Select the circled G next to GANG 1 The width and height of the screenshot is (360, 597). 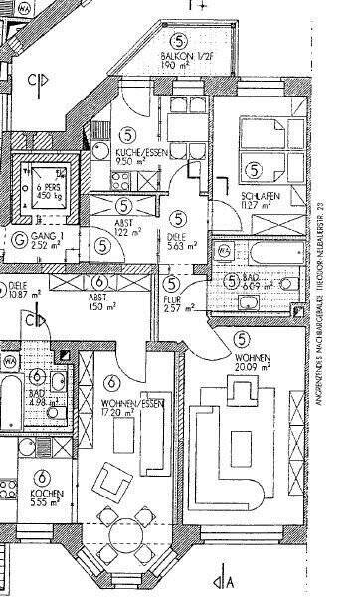pos(21,237)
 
